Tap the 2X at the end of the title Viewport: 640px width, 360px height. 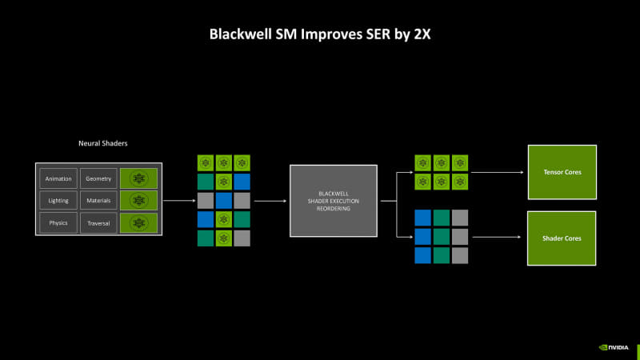[x=421, y=34]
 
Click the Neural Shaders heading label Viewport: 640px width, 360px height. [x=102, y=143]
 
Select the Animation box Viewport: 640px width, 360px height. [x=58, y=178]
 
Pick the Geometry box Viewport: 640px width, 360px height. [x=98, y=178]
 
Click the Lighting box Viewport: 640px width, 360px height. [x=58, y=200]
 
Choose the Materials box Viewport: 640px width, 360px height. [x=98, y=200]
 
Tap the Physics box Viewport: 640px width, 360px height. [x=58, y=222]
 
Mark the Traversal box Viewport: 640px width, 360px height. [x=98, y=222]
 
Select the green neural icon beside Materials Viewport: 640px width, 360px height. [x=139, y=200]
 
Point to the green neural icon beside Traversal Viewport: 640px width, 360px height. [x=139, y=222]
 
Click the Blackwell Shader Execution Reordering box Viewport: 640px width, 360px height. [x=334, y=200]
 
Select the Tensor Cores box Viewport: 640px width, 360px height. [x=562, y=171]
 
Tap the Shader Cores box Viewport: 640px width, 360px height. [x=562, y=238]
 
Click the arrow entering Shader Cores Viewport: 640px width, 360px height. [x=496, y=238]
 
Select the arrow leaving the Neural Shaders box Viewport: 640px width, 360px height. [x=178, y=201]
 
